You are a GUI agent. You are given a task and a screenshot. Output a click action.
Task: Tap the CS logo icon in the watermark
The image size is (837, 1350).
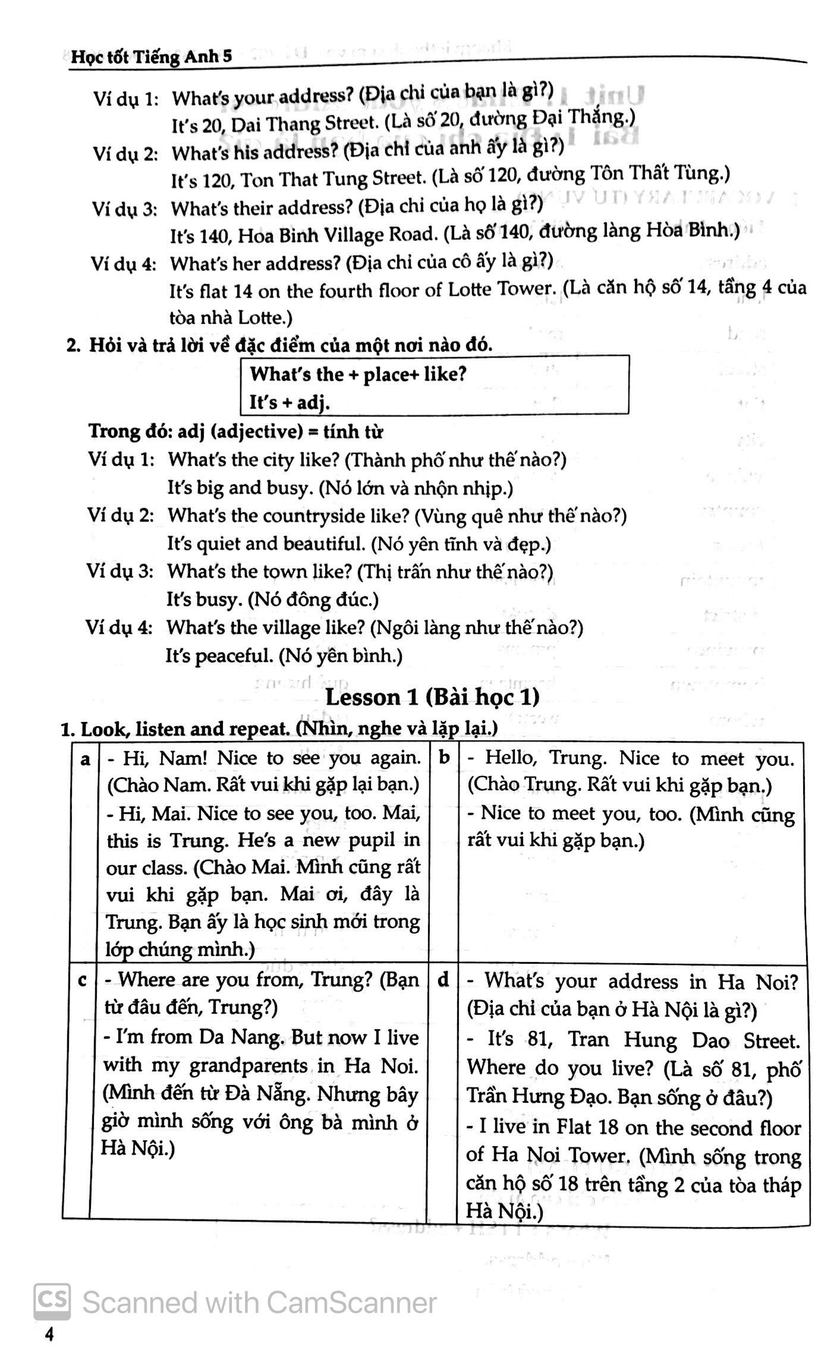[52, 1302]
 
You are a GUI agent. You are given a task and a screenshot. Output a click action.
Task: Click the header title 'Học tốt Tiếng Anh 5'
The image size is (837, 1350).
[151, 57]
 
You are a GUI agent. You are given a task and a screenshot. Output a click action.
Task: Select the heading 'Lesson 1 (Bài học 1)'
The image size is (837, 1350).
[432, 698]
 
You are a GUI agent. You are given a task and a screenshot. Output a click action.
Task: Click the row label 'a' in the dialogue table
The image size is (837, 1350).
[85, 759]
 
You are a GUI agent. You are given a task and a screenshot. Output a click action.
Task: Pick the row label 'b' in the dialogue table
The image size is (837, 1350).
[444, 758]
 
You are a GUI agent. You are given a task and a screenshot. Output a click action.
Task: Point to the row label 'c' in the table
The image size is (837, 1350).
[83, 981]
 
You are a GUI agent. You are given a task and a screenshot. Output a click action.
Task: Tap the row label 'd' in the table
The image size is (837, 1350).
[443, 981]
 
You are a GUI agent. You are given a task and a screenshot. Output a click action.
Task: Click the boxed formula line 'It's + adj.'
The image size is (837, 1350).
[289, 403]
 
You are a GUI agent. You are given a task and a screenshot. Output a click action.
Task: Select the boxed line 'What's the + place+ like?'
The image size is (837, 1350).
[358, 374]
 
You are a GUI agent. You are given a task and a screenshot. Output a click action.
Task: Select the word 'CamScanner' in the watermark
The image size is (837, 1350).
[351, 1303]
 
